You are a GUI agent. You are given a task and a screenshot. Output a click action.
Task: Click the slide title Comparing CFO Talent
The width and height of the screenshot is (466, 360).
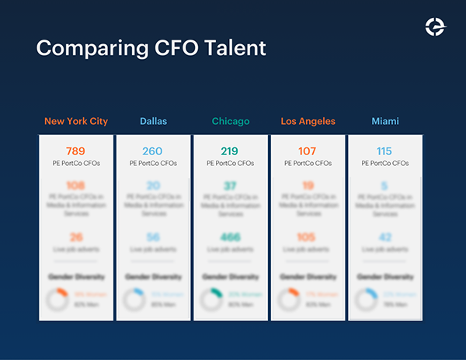[x=151, y=48]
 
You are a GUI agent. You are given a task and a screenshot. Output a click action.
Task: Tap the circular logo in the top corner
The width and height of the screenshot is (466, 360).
[x=436, y=26]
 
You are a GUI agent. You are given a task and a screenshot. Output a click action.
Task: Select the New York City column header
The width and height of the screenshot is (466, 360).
[x=76, y=121]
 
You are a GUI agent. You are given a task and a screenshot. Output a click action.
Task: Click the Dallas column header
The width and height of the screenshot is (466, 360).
[x=153, y=121]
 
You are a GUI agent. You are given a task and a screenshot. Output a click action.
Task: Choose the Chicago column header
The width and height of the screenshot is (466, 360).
[x=231, y=121]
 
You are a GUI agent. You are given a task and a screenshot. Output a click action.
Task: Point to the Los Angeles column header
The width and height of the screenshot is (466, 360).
[x=308, y=121]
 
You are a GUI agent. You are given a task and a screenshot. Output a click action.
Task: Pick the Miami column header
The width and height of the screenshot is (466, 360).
[x=385, y=121]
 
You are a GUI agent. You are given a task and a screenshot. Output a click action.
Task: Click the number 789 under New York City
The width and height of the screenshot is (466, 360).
[x=76, y=151]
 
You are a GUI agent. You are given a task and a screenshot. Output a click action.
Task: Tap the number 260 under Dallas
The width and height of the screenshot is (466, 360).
[x=153, y=151]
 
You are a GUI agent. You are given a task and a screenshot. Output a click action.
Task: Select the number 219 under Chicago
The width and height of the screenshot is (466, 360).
[x=231, y=151]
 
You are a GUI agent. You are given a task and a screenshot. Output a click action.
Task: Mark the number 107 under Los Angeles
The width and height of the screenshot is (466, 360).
[x=308, y=151]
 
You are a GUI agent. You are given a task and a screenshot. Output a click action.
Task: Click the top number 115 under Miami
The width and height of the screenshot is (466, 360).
[x=385, y=151]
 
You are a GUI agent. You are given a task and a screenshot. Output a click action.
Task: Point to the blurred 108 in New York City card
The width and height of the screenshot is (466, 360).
[x=76, y=186]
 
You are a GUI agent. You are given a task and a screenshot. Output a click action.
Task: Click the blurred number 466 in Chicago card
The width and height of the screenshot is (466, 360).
[x=231, y=237]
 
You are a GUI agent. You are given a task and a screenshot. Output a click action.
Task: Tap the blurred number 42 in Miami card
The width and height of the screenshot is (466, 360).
[x=385, y=237]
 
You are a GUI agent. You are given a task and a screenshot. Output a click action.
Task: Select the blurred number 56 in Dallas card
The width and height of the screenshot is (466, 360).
[x=153, y=237]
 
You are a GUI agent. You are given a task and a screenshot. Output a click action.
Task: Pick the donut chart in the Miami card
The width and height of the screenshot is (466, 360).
[x=367, y=299]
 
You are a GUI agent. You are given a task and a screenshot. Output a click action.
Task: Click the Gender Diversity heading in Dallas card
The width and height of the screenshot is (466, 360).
[x=153, y=276]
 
